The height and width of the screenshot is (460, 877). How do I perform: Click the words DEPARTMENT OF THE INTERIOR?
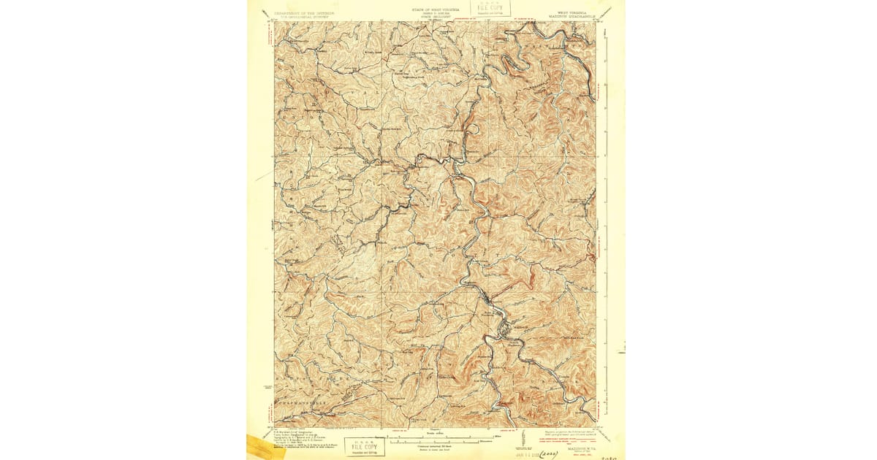point(304,12)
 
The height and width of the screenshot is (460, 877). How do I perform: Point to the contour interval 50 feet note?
point(436,446)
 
